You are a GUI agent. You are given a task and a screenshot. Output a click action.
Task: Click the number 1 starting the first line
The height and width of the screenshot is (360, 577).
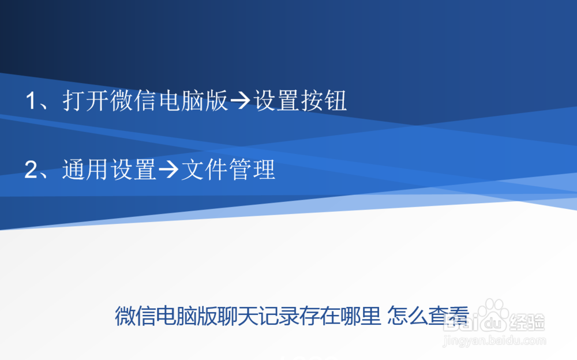click(31, 102)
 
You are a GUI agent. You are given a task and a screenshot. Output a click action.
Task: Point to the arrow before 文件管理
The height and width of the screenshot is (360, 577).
click(168, 171)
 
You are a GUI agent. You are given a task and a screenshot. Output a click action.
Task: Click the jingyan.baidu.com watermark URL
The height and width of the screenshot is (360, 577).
click(493, 341)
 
